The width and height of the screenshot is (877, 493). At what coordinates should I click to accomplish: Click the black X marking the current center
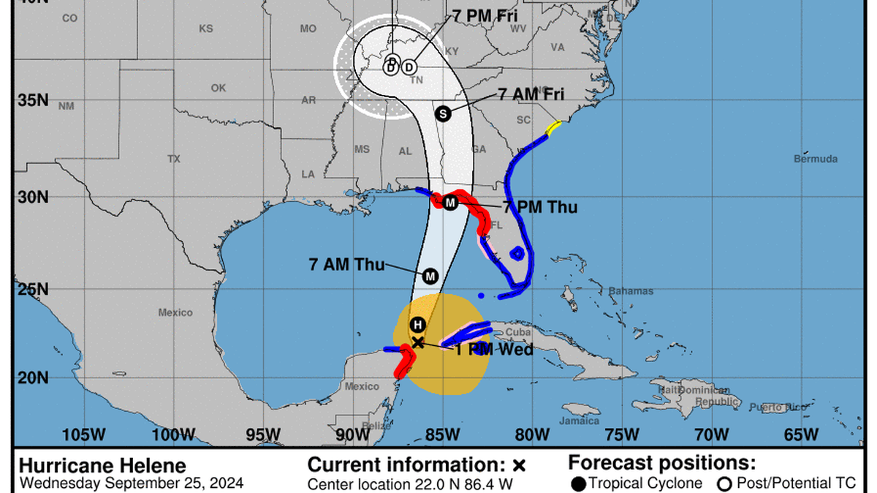point(417,342)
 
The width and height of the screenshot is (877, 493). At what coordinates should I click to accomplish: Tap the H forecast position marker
point(417,325)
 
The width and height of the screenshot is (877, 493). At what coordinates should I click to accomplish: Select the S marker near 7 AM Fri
point(442,113)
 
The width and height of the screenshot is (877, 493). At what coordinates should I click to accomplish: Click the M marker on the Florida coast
point(450,203)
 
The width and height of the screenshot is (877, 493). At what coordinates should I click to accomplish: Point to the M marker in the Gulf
point(430,276)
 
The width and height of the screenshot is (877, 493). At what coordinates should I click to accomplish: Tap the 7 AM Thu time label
point(347,265)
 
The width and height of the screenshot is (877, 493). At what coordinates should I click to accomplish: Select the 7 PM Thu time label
point(540,208)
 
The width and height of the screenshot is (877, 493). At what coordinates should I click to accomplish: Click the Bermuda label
point(816,159)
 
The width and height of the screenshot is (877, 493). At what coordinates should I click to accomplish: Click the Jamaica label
point(580,421)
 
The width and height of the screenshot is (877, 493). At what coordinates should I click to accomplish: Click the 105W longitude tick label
point(83,434)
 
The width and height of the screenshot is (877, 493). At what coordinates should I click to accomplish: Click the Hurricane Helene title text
point(102,466)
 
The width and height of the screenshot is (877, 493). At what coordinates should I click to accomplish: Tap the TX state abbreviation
point(173,159)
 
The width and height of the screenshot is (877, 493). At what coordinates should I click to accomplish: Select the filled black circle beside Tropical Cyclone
point(579,483)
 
